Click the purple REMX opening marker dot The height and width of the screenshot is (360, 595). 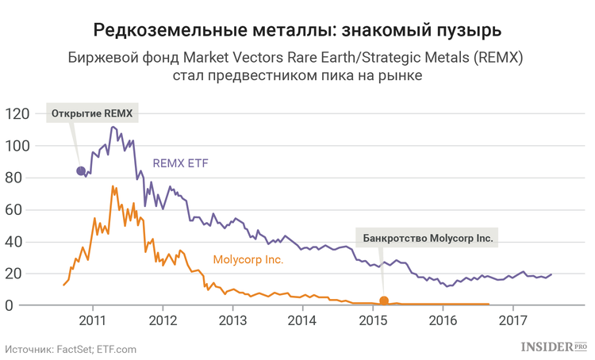pyautogui.click(x=81, y=171)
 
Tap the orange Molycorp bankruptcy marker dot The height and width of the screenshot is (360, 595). pyautogui.click(x=384, y=301)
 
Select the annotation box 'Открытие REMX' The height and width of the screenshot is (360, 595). pyautogui.click(x=92, y=113)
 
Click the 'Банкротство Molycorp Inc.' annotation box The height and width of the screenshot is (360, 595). pyautogui.click(x=427, y=238)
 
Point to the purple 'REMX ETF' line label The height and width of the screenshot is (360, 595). pyautogui.click(x=180, y=163)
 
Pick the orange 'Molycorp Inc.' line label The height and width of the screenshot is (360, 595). pyautogui.click(x=248, y=259)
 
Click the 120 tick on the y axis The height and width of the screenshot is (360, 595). pyautogui.click(x=17, y=113)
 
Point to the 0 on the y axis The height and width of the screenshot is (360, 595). pyautogui.click(x=9, y=305)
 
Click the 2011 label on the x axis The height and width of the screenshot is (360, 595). pyautogui.click(x=93, y=320)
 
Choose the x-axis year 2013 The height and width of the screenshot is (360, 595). pyautogui.click(x=232, y=320)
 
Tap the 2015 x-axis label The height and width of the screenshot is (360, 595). pyautogui.click(x=373, y=320)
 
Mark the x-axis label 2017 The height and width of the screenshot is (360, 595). pyautogui.click(x=513, y=320)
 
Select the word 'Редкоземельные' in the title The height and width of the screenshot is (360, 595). pyautogui.click(x=171, y=29)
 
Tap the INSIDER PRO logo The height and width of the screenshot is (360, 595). pyautogui.click(x=554, y=347)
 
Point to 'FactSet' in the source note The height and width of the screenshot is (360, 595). pyautogui.click(x=75, y=350)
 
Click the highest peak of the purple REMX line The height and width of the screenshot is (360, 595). pyautogui.click(x=113, y=127)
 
